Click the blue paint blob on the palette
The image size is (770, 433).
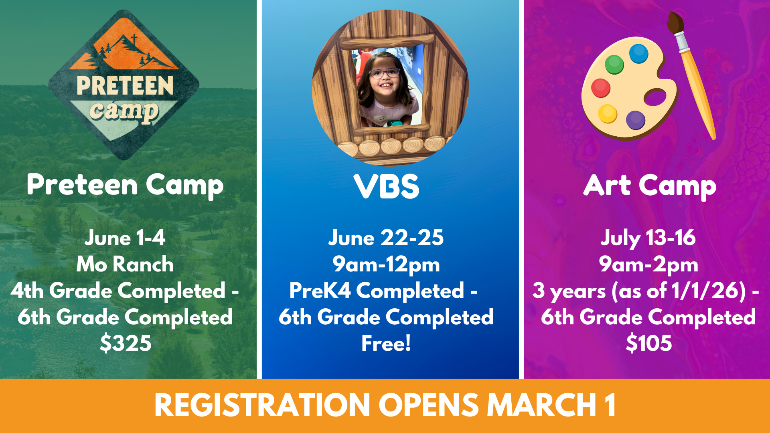coord(638,54)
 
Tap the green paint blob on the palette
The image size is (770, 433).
coord(614,64)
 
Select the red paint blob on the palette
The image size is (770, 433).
coord(600,88)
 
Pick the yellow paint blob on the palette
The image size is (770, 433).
coord(608,113)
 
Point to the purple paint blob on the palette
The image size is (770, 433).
coord(635,120)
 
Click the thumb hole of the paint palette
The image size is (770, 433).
coord(655,97)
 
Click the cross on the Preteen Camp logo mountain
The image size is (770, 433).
coord(134,39)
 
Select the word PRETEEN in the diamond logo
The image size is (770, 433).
coord(125,85)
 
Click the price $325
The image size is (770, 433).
coord(126,343)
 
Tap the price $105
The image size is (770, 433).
coord(648,343)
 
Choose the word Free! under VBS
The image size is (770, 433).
coord(386,343)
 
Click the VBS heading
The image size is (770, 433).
coord(386,186)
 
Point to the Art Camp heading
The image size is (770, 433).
coord(650,186)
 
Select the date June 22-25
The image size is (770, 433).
coord(386,238)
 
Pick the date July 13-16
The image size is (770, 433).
coord(648,238)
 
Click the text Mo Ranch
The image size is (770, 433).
coord(125,264)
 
